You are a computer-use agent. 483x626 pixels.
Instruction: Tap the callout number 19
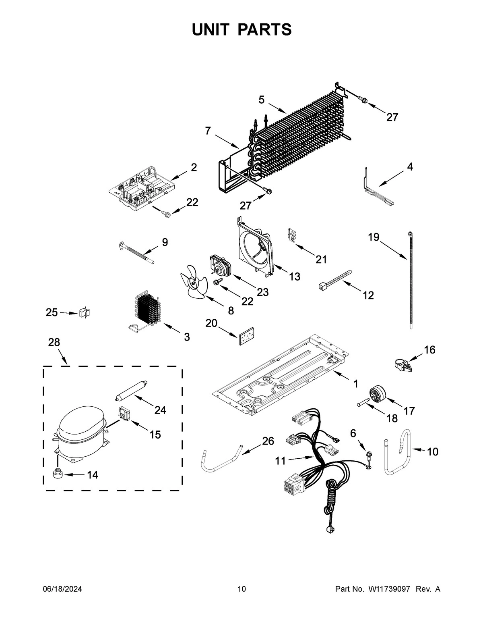point(374,237)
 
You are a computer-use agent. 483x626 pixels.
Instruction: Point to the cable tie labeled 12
point(334,281)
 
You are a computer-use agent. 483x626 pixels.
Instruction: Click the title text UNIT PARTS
point(242,29)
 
